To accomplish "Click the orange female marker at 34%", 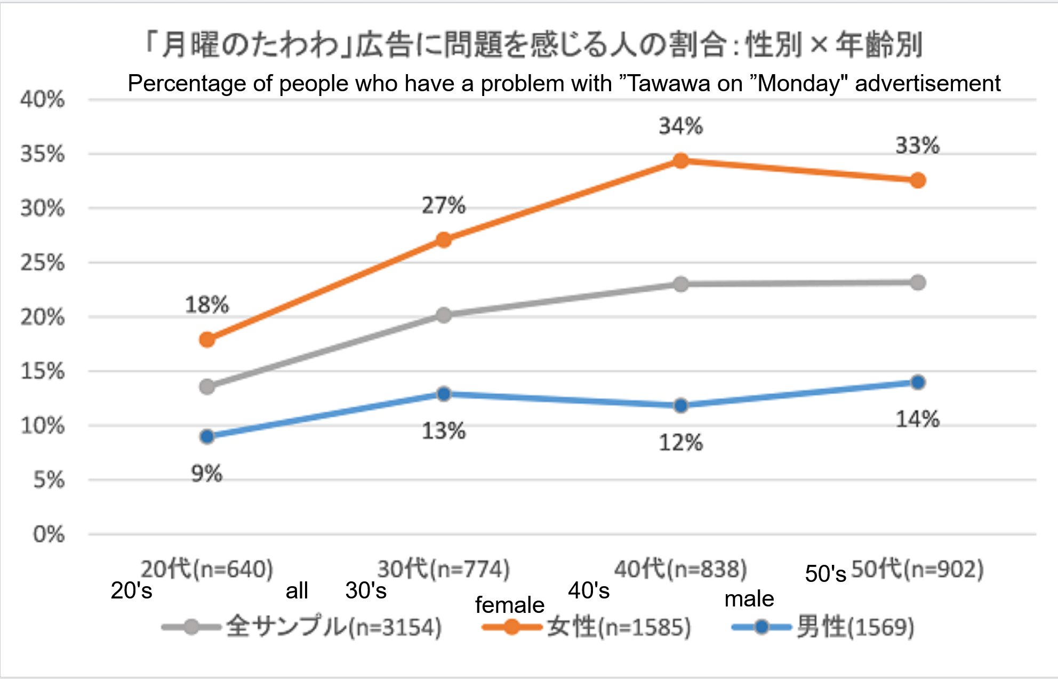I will [680, 161].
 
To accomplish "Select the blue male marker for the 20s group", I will [207, 437].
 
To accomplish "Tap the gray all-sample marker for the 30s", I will [444, 315].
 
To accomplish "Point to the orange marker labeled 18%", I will [207, 339].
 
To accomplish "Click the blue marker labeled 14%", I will [918, 382].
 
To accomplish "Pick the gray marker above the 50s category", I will [918, 282].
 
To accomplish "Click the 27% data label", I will [444, 205].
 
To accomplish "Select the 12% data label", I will [680, 443].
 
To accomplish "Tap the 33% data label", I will [917, 145].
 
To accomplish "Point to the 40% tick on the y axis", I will [43, 99].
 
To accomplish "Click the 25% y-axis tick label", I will [43, 262].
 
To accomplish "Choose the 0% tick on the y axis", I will [49, 534].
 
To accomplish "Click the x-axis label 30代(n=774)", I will [444, 569].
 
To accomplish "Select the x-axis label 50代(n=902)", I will [917, 569].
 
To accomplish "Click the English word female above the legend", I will [509, 605].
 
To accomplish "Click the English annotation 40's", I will [589, 590].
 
